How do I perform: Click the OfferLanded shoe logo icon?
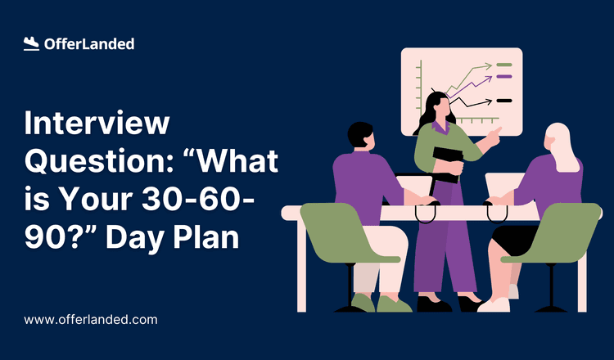pos(32,44)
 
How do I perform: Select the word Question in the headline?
pos(88,162)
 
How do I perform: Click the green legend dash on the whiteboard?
pos(504,64)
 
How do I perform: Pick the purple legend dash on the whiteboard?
pos(504,76)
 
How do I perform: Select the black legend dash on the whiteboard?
pos(504,101)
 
